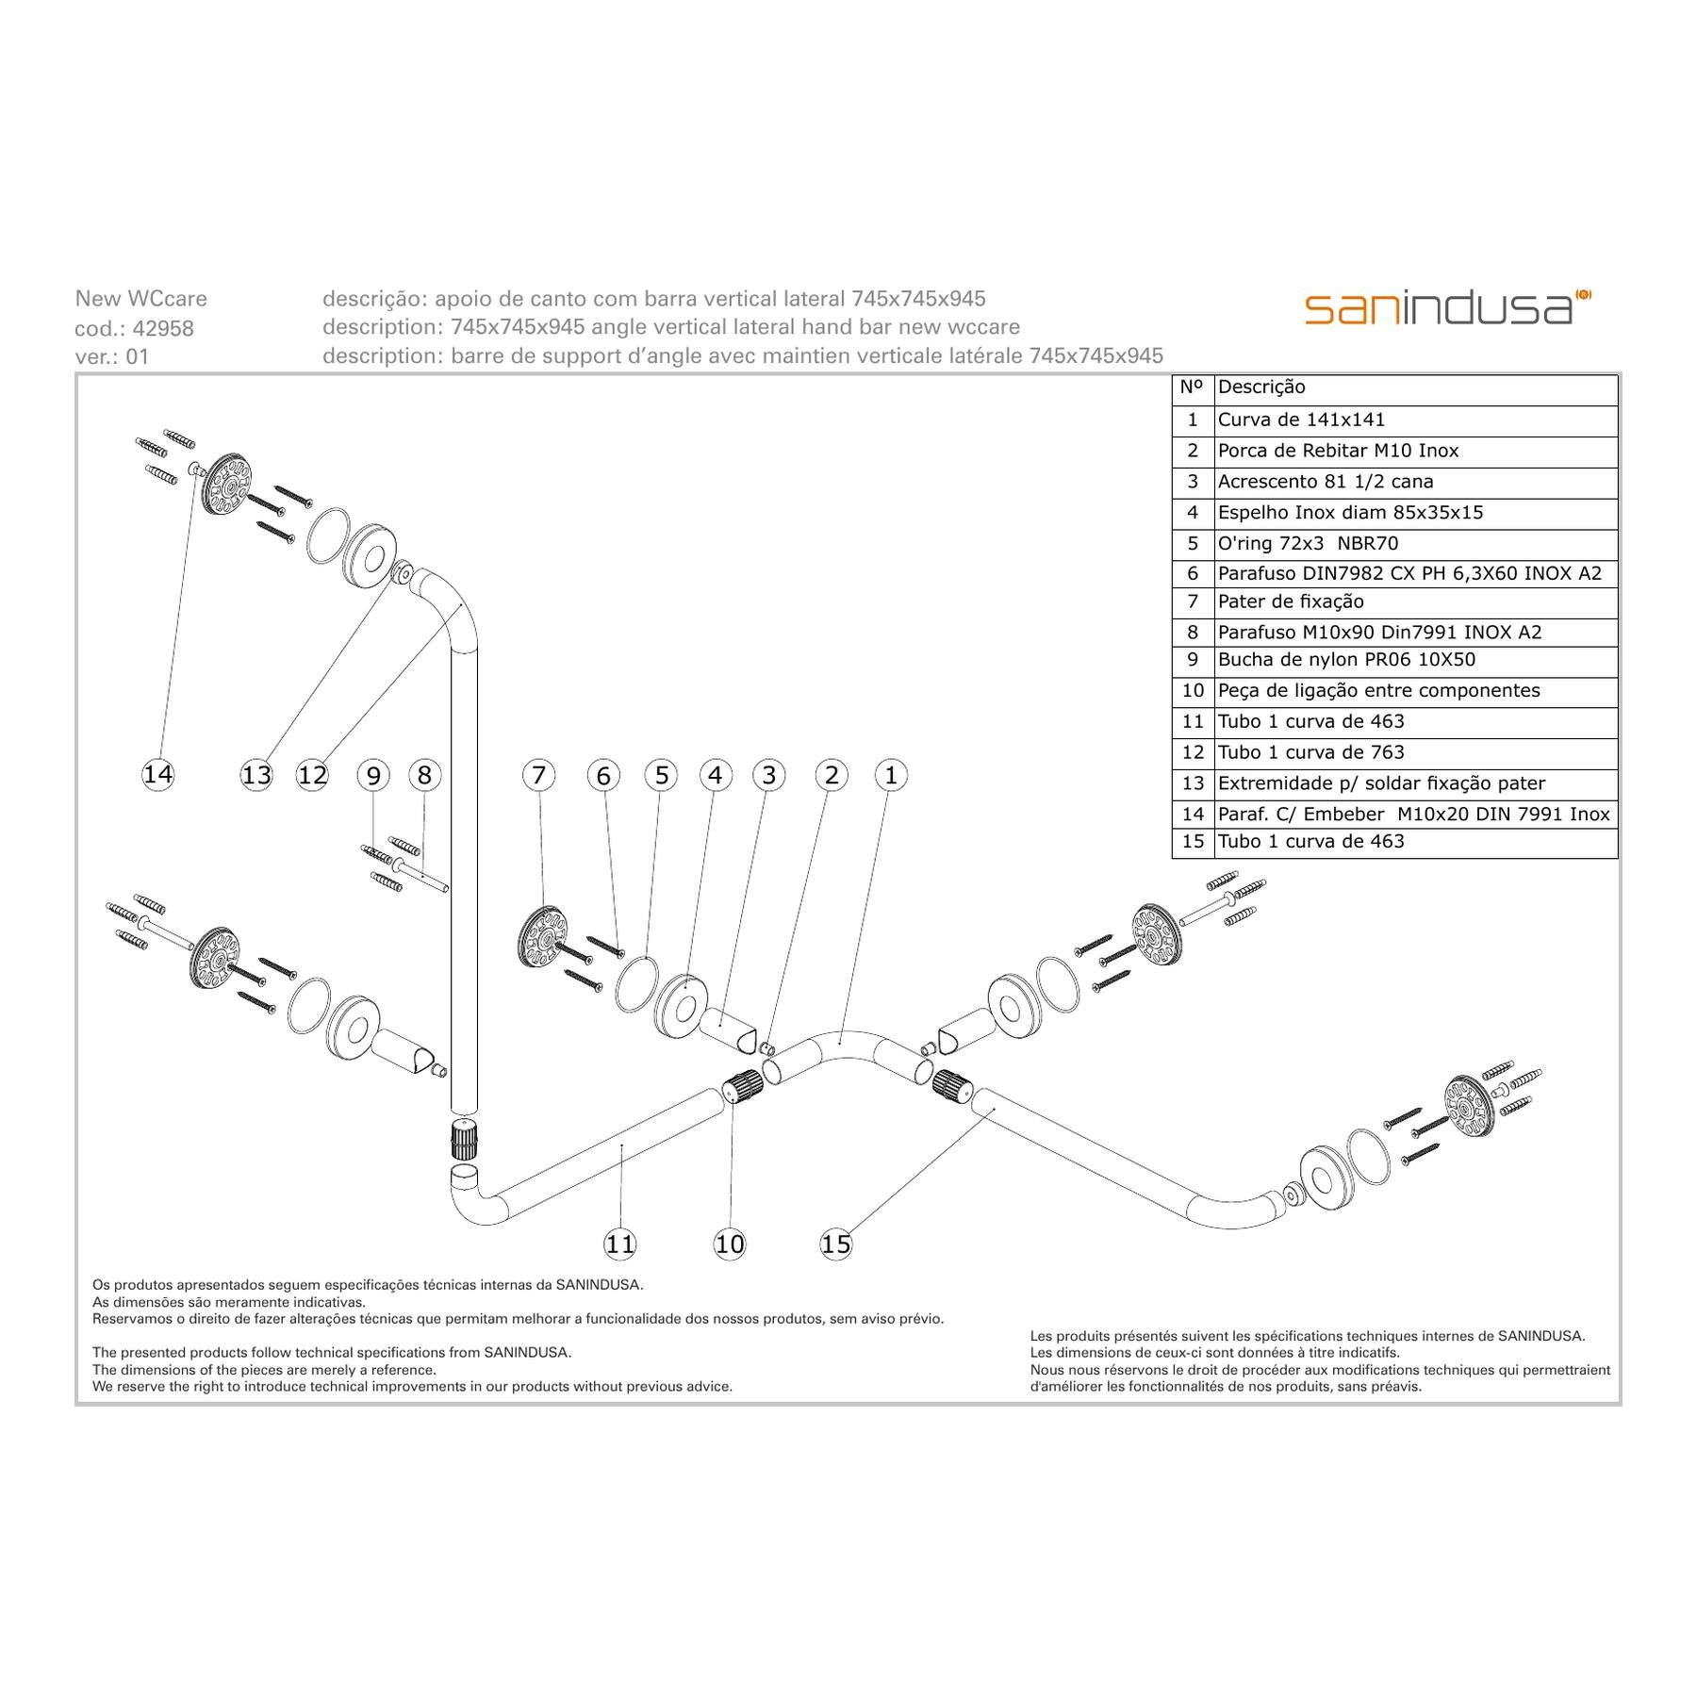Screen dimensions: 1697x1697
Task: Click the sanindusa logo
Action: pyautogui.click(x=1447, y=307)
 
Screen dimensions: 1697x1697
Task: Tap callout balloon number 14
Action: pyautogui.click(x=157, y=775)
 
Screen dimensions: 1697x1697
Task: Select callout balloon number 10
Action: pyautogui.click(x=730, y=1244)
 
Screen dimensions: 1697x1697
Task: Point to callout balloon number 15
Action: pyautogui.click(x=836, y=1244)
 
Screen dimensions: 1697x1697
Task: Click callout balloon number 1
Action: pyautogui.click(x=891, y=776)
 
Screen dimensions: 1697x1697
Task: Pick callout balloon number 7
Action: pyautogui.click(x=538, y=776)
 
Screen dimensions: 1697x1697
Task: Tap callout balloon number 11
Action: pyautogui.click(x=620, y=1244)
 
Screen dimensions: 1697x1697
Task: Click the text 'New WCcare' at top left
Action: pyautogui.click(x=141, y=299)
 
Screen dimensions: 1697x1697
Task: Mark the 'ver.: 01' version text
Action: pyautogui.click(x=112, y=357)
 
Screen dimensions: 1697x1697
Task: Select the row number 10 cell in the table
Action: pyautogui.click(x=1193, y=691)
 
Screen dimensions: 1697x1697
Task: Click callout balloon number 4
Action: pyautogui.click(x=716, y=776)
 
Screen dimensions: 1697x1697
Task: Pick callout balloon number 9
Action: pyautogui.click(x=373, y=776)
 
